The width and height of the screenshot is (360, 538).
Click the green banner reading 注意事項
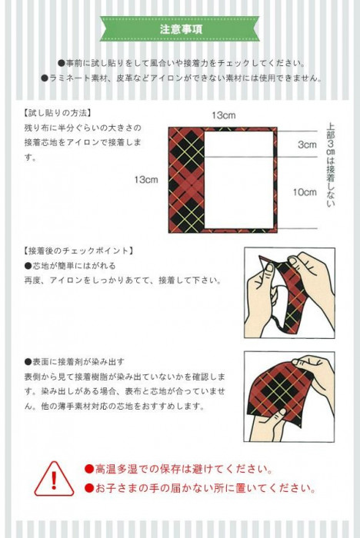tap(180, 29)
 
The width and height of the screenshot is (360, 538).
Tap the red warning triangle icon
tap(54, 479)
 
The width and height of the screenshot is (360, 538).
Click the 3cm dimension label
tap(307, 144)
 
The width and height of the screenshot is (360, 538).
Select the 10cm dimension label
tap(305, 192)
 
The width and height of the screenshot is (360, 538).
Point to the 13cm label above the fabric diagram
tap(224, 115)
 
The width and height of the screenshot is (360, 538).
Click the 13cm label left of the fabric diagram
tap(146, 179)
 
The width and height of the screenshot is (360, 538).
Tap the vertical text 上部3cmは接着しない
tap(331, 165)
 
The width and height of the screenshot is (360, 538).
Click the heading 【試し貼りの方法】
tap(58, 113)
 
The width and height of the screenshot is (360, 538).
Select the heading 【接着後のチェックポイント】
tap(78, 251)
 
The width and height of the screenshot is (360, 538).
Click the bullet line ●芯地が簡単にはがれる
tap(70, 266)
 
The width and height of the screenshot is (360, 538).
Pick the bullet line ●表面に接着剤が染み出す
tap(74, 362)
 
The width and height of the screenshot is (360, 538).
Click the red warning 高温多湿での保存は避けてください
tap(178, 469)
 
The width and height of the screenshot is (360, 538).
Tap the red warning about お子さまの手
tap(200, 488)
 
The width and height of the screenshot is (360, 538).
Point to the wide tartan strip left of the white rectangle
tap(187, 180)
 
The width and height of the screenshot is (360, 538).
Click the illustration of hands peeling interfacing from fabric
tap(289, 293)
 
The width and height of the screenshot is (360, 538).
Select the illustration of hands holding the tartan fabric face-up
tap(289, 397)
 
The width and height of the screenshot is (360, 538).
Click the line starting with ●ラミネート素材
tap(182, 78)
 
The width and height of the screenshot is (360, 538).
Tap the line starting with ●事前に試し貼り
tap(182, 63)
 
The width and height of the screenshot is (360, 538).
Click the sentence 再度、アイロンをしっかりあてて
tap(122, 281)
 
